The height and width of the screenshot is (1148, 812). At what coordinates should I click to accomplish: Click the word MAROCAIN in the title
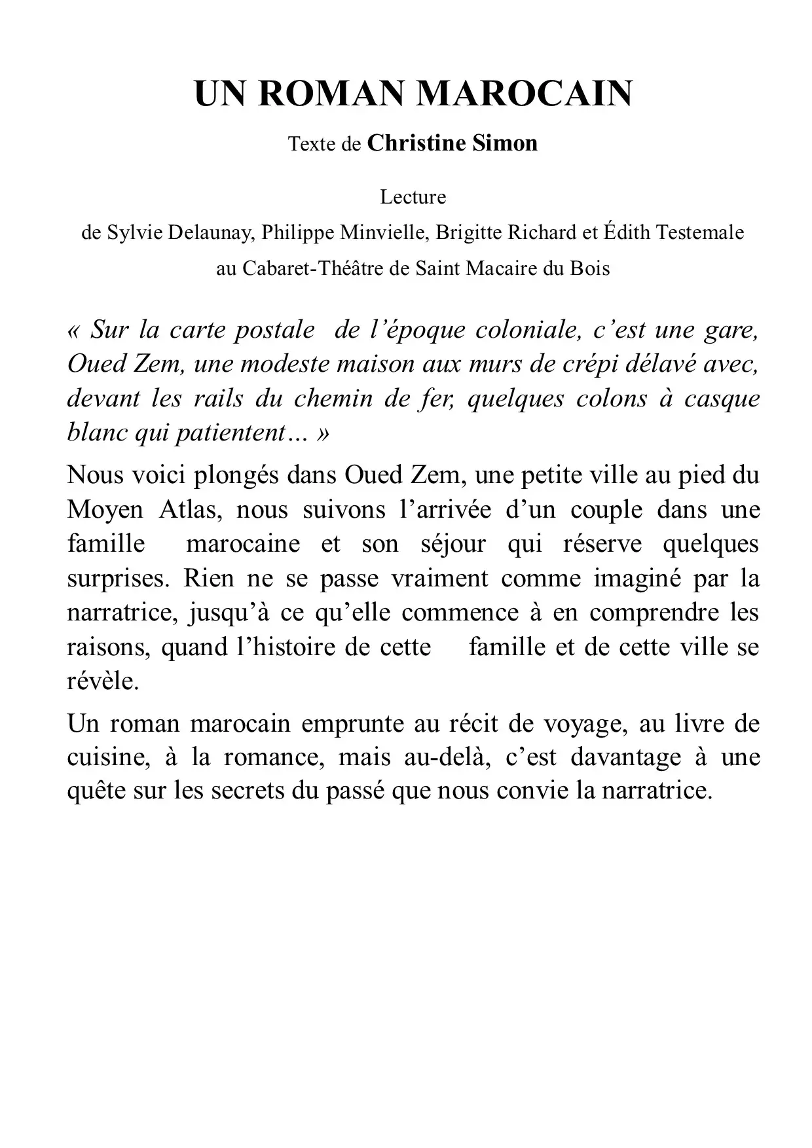click(524, 94)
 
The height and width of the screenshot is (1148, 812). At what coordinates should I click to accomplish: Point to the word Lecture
click(413, 197)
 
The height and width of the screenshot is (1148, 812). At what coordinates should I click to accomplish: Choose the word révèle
click(103, 681)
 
